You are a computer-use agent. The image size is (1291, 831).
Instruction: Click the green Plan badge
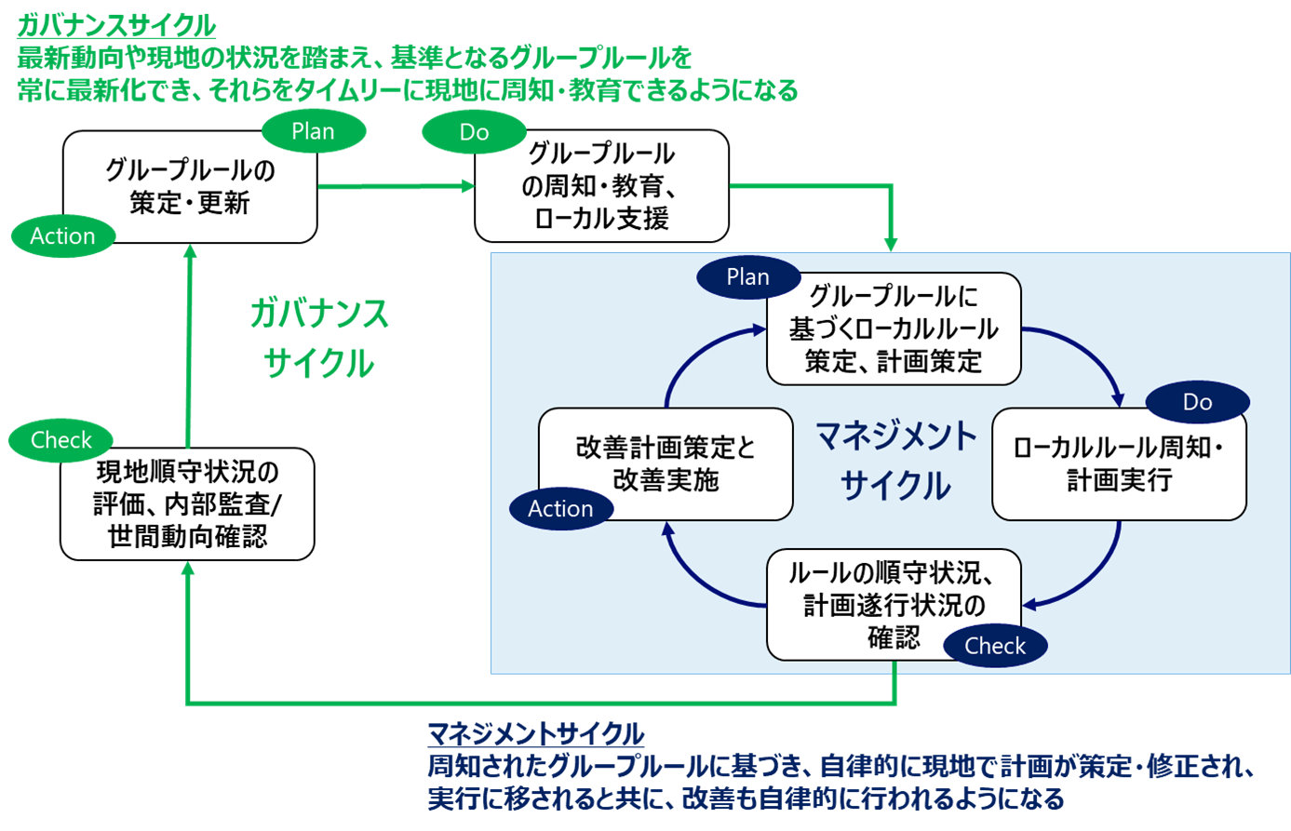(313, 131)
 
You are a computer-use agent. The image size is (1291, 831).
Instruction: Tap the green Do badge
(474, 132)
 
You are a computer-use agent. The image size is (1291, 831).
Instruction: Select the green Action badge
(62, 235)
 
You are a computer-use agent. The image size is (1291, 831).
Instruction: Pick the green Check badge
(61, 439)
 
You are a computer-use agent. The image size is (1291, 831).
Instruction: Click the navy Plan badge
(747, 276)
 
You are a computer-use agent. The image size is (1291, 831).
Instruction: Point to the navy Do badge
(1197, 402)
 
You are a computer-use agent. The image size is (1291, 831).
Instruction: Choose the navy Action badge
(560, 508)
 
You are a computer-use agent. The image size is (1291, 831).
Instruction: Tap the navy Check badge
(995, 646)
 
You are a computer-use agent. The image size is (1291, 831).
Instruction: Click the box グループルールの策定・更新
(190, 187)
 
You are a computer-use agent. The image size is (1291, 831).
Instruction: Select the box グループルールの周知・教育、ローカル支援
(601, 186)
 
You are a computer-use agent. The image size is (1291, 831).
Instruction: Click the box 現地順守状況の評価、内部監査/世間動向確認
(187, 504)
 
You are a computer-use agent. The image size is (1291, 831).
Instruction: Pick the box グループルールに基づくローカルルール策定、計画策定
(894, 328)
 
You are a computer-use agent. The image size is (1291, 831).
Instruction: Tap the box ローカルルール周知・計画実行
(1119, 464)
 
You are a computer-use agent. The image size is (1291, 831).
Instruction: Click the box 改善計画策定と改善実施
(666, 464)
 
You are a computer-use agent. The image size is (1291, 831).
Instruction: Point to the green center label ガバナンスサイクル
(318, 337)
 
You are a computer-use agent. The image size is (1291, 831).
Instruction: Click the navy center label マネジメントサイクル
(895, 460)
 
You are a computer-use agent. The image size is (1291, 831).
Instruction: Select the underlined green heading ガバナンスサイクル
(116, 25)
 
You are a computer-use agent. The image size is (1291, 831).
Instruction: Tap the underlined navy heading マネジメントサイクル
(535, 734)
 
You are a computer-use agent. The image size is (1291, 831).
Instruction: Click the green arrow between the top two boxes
(396, 186)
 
